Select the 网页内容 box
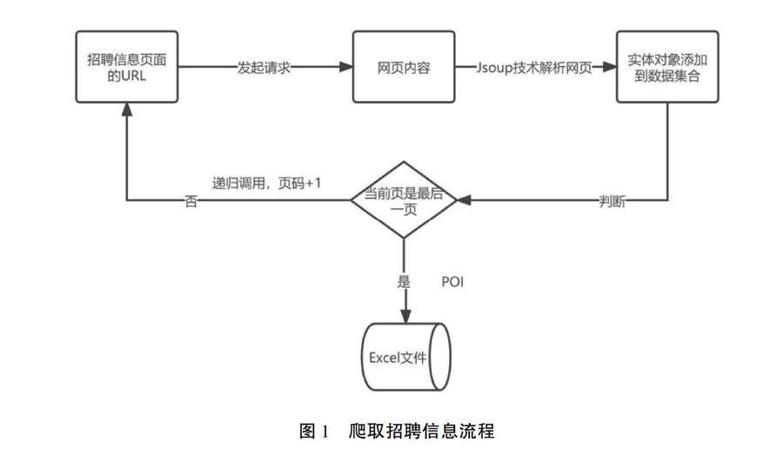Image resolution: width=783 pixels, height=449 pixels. click(404, 68)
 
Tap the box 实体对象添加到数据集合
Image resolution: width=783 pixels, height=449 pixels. click(668, 68)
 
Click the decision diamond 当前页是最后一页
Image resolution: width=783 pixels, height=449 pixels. click(404, 200)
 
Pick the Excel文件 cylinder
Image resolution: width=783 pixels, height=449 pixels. click(404, 356)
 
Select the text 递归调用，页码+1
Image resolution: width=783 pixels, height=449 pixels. click(268, 184)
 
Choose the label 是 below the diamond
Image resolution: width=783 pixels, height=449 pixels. click(403, 282)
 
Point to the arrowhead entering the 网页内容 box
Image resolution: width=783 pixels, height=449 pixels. click(345, 68)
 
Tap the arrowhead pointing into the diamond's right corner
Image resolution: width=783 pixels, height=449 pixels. click(465, 201)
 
